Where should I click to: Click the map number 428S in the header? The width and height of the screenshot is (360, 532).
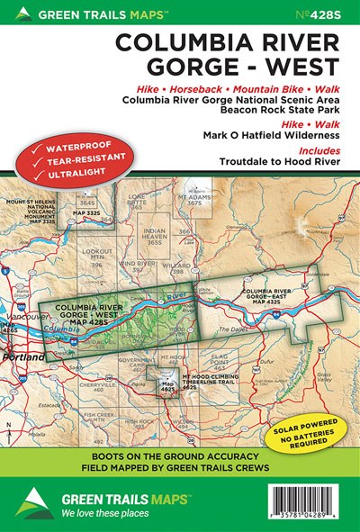(332, 14)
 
